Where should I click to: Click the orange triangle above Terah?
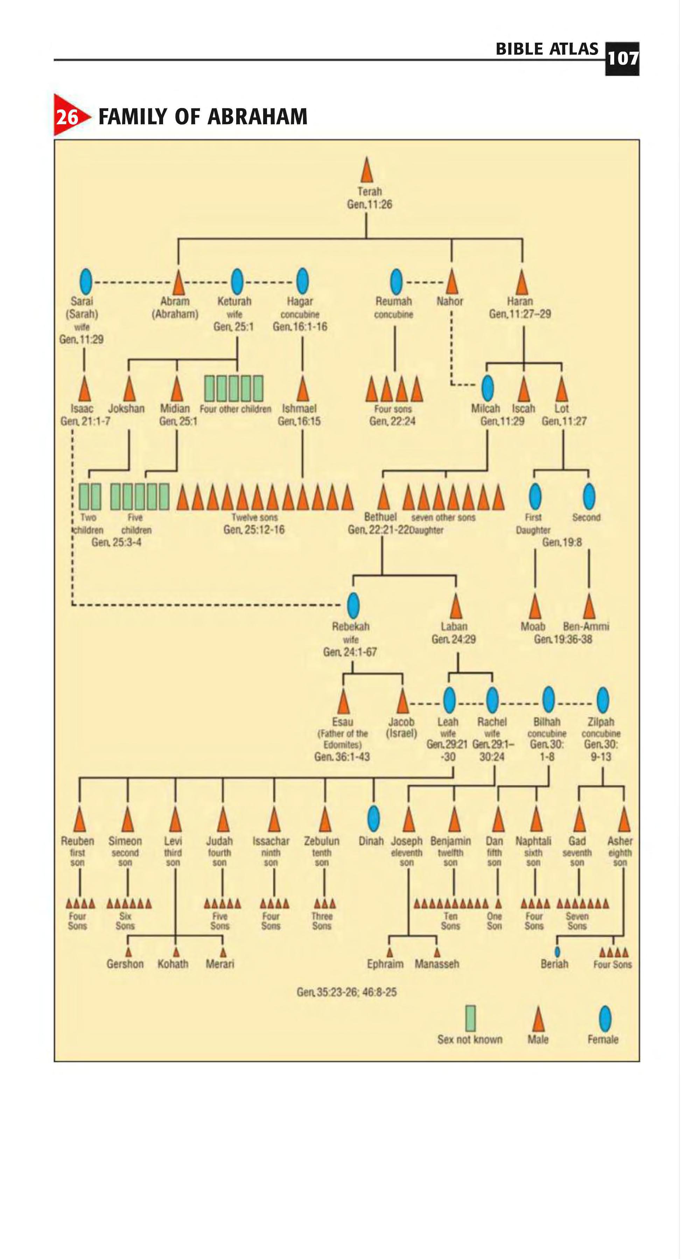tap(367, 171)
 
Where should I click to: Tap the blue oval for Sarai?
tap(86, 282)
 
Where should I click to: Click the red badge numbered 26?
tap(69, 116)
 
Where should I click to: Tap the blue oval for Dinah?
tap(373, 818)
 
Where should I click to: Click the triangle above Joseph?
tap(409, 819)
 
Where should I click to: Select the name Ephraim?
tap(385, 964)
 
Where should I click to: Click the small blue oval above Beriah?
tap(557, 952)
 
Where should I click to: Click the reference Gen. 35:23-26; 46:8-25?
tap(346, 992)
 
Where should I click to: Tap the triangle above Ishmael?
tap(303, 390)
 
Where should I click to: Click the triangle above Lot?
tap(562, 390)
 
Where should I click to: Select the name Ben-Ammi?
tap(586, 626)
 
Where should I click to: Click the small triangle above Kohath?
tap(176, 952)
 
